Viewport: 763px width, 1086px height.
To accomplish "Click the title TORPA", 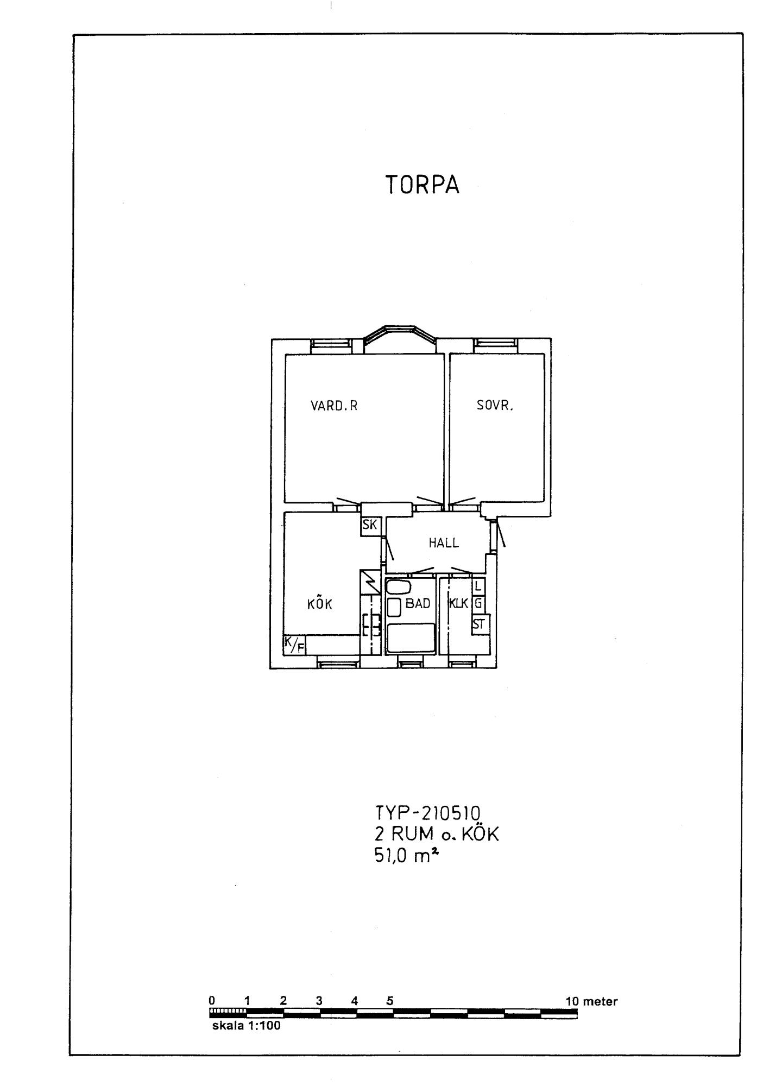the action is (423, 185).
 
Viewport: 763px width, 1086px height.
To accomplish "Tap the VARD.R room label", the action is (334, 406).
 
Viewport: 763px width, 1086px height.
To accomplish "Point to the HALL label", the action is (444, 542).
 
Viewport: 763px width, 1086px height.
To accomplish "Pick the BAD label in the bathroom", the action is (418, 603).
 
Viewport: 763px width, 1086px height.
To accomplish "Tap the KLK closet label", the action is (459, 603).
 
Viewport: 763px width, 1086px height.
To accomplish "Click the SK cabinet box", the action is (370, 526).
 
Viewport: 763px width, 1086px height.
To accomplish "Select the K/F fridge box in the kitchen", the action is (294, 645).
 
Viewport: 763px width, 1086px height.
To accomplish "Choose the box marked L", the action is (478, 586).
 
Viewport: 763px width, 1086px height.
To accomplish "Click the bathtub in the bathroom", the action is (411, 638).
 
